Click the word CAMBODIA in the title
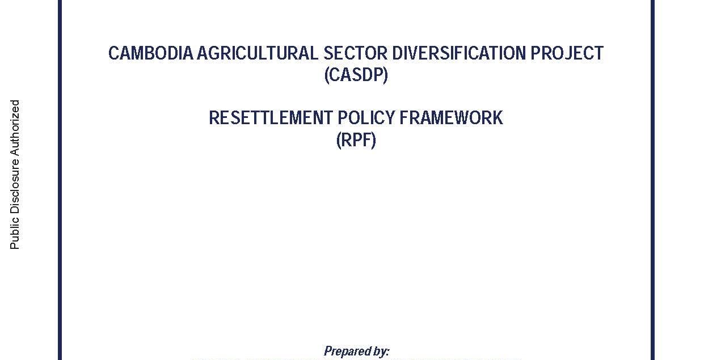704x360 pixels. click(x=150, y=53)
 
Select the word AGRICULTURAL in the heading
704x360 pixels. click(x=258, y=53)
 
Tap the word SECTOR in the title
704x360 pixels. click(x=355, y=53)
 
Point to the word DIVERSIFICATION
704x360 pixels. click(x=459, y=53)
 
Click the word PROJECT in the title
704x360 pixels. click(x=567, y=53)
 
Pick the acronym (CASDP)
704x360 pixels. click(x=356, y=75)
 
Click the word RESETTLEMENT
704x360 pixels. click(x=271, y=118)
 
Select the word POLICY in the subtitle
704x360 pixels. click(x=366, y=118)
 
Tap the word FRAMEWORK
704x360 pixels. click(x=451, y=118)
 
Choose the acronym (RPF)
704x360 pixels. click(x=356, y=140)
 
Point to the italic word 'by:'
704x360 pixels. click(x=381, y=351)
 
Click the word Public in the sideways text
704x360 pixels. click(x=15, y=233)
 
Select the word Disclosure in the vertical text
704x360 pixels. click(x=15, y=187)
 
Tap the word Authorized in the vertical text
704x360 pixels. click(x=15, y=129)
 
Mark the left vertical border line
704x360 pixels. click(x=60, y=180)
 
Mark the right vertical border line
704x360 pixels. click(x=652, y=180)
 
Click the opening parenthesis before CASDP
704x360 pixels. click(x=327, y=75)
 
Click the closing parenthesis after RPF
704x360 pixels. click(x=373, y=141)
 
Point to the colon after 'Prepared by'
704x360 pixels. click(x=388, y=353)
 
